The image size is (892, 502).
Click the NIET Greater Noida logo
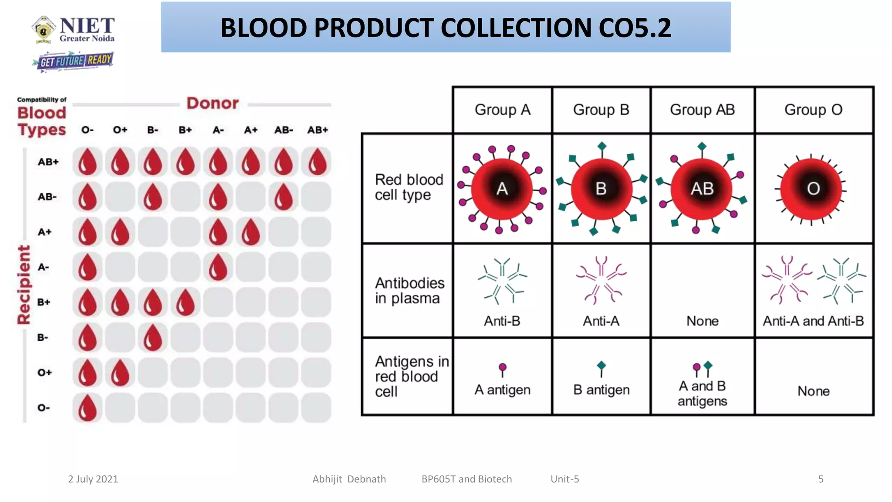coord(73,30)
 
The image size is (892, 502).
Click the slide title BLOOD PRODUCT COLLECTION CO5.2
coord(446,27)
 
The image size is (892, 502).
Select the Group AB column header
coord(702,110)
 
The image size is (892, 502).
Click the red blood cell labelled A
coord(502,189)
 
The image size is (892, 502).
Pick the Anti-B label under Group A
coord(502,321)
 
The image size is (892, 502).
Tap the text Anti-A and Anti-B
coord(813,321)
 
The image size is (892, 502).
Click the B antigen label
coord(601,390)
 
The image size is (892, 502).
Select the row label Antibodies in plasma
coord(409,291)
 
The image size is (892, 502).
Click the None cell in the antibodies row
coord(702,321)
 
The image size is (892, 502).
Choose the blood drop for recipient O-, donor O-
coord(87,408)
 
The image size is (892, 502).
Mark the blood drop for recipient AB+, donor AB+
coord(317,162)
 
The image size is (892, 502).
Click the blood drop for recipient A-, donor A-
coord(218,267)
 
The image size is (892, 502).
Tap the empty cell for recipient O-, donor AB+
coord(317,408)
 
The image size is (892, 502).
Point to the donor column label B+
coord(185,130)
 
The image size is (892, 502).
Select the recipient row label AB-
coord(47,197)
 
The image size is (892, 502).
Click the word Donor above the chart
coord(213,103)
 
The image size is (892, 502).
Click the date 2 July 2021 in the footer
coord(93,479)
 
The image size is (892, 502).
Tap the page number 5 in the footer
coord(821,479)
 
